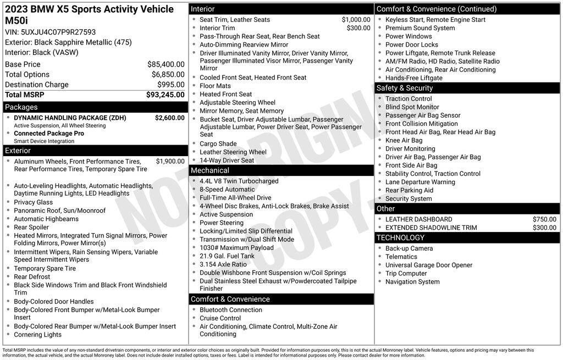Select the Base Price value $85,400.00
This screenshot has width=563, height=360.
(x=165, y=64)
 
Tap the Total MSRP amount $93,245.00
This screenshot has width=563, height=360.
(x=165, y=95)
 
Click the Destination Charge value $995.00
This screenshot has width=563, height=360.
(x=170, y=85)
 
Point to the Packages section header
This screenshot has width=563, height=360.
(x=21, y=107)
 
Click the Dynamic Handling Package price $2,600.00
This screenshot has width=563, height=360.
(x=169, y=118)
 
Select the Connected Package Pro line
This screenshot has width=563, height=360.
(x=49, y=134)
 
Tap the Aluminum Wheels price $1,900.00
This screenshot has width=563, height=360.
(x=170, y=162)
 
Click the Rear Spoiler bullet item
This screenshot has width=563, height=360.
(x=31, y=227)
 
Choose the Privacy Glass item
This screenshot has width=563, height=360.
(x=34, y=202)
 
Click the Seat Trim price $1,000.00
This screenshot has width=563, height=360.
(x=356, y=20)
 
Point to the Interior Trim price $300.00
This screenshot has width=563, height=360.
(x=358, y=28)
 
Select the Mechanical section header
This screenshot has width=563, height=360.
(x=209, y=170)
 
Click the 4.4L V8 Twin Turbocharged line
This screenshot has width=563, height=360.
(x=239, y=181)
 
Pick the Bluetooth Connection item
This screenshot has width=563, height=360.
(x=231, y=310)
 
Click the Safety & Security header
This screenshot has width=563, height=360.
(x=404, y=88)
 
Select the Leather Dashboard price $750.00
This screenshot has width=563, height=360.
(x=544, y=219)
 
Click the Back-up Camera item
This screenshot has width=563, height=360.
(x=409, y=248)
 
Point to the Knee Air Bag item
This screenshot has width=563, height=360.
(x=404, y=140)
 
